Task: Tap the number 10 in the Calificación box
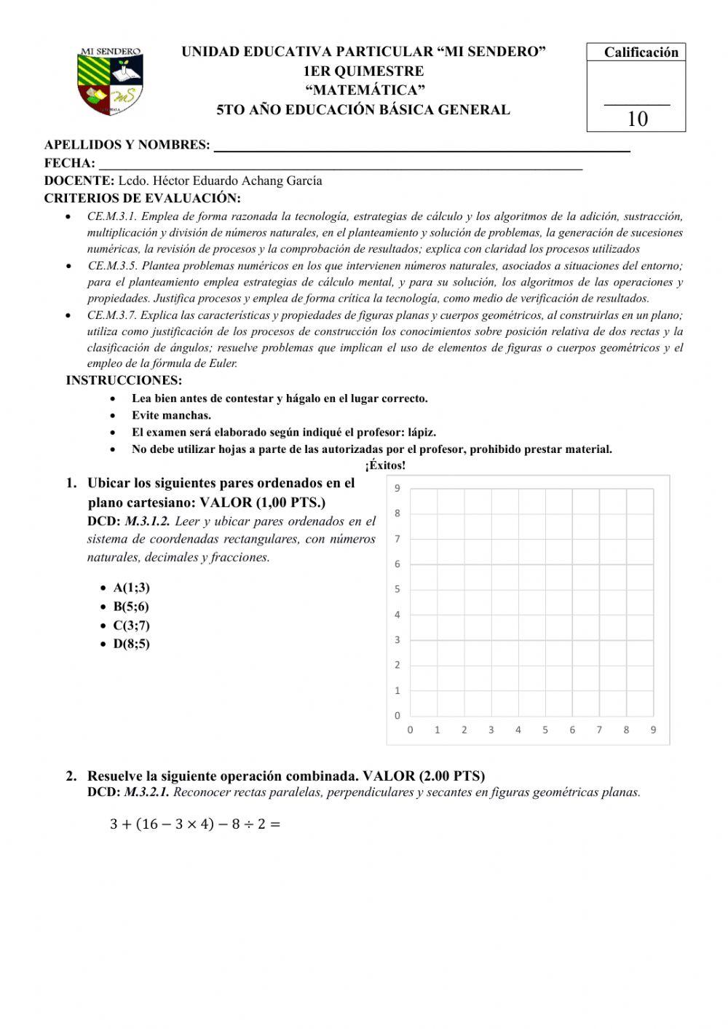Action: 637,119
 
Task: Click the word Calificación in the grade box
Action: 641,52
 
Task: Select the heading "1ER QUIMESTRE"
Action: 363,71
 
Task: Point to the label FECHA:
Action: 70,163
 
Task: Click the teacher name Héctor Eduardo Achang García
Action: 220,181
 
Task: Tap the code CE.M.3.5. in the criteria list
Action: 112,266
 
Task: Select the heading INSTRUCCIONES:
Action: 124,380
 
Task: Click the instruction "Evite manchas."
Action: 171,415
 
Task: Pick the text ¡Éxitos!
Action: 385,465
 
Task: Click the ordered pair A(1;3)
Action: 131,588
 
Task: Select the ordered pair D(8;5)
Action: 131,644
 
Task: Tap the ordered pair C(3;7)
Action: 131,625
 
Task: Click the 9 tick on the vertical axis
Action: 397,489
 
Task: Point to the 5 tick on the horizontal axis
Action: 545,730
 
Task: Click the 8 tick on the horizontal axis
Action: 626,730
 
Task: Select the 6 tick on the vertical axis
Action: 397,564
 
